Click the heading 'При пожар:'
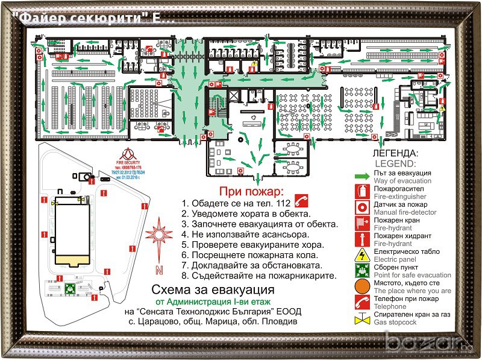click(x=247, y=192)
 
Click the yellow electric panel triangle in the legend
click(x=362, y=253)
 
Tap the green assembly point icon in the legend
click(x=362, y=269)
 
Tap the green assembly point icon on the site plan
click(x=71, y=288)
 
